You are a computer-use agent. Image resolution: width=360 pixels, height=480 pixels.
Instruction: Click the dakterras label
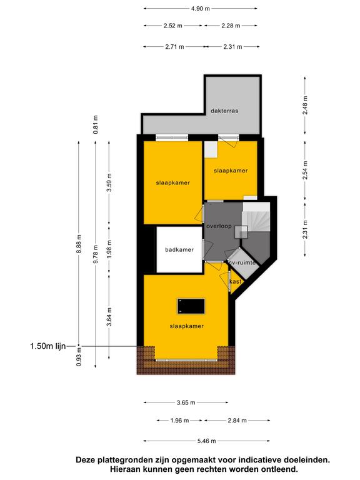(x=224, y=111)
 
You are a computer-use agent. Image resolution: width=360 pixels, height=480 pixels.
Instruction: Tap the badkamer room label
(x=179, y=250)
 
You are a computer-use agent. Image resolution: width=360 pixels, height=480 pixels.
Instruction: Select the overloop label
(x=219, y=226)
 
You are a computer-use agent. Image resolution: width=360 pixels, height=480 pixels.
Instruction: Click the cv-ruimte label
(x=241, y=262)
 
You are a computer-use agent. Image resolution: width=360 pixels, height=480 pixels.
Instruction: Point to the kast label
(x=236, y=282)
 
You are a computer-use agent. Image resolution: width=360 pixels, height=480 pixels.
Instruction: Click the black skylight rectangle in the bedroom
(x=191, y=306)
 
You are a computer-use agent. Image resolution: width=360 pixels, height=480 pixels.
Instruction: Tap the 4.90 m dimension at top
(x=201, y=9)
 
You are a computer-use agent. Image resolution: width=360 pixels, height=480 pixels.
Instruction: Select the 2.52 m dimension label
(x=172, y=26)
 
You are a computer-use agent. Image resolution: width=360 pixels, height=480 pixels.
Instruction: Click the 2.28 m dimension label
(x=231, y=26)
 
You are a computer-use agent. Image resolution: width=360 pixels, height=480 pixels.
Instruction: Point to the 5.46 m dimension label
(x=207, y=441)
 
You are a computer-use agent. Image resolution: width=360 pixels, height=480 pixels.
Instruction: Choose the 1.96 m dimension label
(x=179, y=421)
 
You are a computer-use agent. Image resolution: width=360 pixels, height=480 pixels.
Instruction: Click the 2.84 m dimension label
(x=237, y=421)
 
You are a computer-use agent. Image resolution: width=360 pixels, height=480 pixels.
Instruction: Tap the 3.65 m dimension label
(x=186, y=402)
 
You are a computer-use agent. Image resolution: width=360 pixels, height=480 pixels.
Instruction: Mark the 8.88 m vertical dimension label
(x=79, y=244)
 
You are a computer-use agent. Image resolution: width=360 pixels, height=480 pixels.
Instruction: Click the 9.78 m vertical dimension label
(x=96, y=254)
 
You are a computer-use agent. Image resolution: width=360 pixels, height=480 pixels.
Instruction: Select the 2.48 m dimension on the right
(x=305, y=105)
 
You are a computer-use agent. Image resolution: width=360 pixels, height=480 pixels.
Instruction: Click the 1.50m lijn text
(x=48, y=346)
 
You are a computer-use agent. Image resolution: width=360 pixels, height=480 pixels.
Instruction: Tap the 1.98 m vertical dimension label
(x=109, y=249)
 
